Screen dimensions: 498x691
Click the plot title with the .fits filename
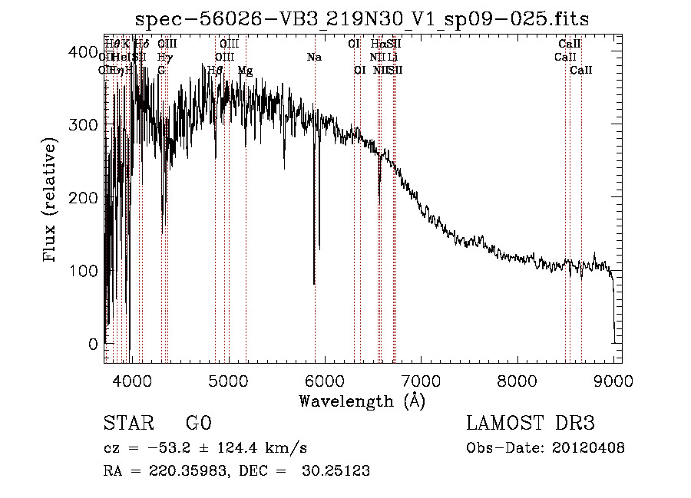(361, 19)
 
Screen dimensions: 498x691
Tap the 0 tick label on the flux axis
(94, 344)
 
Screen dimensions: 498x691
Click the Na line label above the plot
(314, 58)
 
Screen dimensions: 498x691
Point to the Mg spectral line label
(245, 71)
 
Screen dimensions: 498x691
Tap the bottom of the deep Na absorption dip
(314, 282)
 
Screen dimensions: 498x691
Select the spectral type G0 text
(198, 424)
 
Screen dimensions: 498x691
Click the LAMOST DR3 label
(531, 424)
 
